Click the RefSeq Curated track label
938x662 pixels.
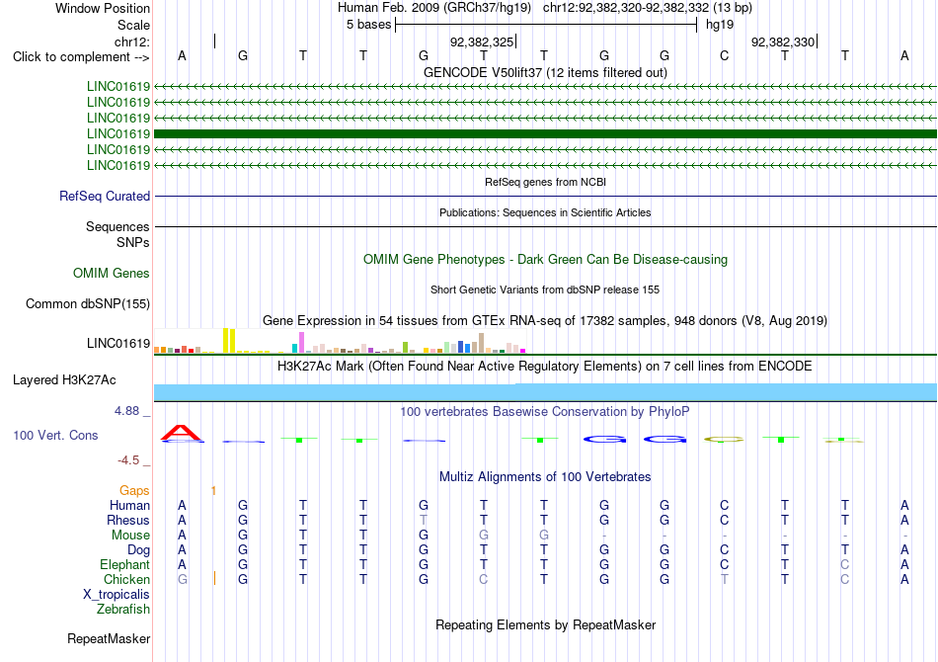coord(105,197)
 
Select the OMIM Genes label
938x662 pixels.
coord(112,274)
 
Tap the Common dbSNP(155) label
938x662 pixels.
coord(88,304)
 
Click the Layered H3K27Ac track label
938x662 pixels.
coord(64,380)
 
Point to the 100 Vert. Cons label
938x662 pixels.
coord(55,435)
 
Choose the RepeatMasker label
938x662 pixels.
coord(109,638)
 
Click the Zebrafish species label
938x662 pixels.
coord(123,610)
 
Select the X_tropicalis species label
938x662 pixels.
coord(117,595)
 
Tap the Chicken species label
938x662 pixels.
coord(126,579)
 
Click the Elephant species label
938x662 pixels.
coord(125,564)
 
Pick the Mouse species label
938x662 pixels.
coord(130,536)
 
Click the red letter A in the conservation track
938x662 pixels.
coord(182,432)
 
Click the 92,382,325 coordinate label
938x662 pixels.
coord(482,41)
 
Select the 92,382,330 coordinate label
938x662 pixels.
coord(783,41)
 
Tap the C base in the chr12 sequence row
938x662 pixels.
coord(725,55)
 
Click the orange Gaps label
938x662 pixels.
coord(134,491)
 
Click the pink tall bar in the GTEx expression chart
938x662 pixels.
coord(301,343)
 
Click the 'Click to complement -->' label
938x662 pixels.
coord(81,57)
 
